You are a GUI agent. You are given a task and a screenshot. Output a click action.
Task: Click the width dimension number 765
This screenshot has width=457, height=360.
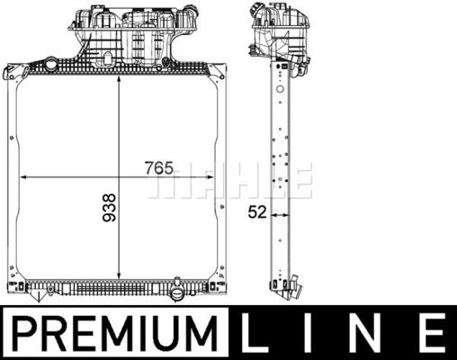tap(159, 168)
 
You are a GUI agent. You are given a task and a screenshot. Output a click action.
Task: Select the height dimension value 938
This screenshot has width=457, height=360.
tap(109, 208)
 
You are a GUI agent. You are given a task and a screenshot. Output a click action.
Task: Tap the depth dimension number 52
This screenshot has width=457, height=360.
tap(257, 212)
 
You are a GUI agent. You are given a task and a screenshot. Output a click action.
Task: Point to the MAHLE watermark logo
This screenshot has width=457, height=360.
tap(230, 181)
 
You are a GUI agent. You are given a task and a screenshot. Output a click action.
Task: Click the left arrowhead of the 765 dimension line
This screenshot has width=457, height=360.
tap(23, 177)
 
